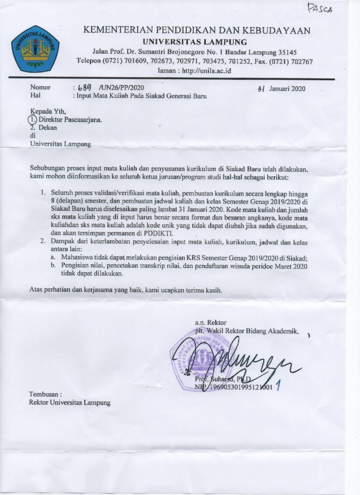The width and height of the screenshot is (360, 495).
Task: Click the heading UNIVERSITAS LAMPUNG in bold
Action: point(197,42)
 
